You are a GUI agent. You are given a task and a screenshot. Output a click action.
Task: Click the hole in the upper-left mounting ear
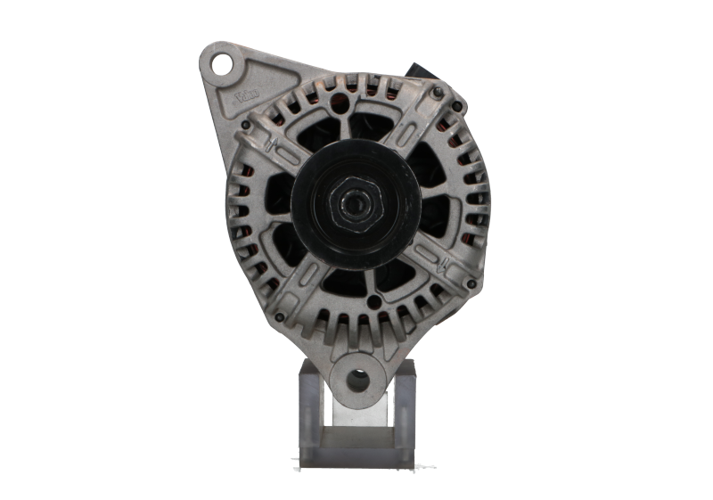coord(221,62)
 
